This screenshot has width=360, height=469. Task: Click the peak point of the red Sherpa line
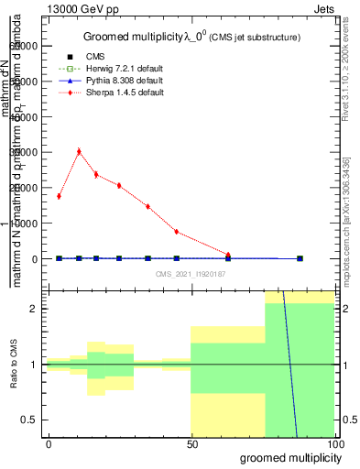(79, 151)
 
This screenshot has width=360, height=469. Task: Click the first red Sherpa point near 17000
(59, 196)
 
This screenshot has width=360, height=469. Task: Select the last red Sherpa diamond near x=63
(228, 255)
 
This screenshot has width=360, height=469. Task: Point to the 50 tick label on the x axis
(191, 442)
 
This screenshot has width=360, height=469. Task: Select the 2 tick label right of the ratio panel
(344, 310)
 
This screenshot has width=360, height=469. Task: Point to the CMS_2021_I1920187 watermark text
(190, 274)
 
